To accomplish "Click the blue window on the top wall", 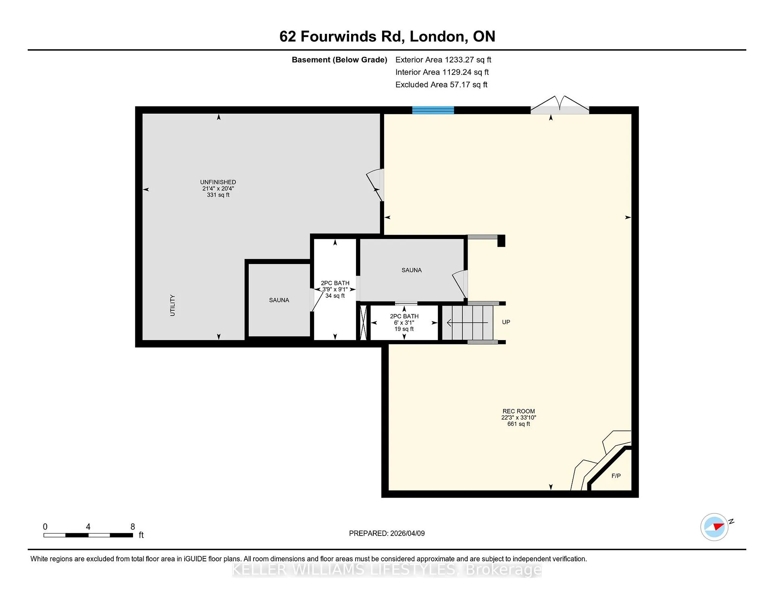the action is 433,110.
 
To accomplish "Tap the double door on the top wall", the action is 560,106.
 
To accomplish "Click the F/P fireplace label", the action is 616,476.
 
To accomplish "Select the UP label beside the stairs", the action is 506,322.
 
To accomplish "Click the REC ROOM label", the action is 519,411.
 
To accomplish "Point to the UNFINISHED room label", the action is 218,182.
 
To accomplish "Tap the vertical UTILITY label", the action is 173,305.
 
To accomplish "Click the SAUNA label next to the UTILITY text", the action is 279,300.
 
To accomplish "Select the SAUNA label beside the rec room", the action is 412,270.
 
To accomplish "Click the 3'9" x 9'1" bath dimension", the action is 335,289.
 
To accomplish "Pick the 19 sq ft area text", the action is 404,329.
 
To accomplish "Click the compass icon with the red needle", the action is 714,527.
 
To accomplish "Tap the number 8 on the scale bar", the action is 133,527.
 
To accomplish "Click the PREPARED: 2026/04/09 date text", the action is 387,534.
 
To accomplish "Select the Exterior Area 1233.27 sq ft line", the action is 443,60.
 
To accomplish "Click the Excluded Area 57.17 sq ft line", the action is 441,85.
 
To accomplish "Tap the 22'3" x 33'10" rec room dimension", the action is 519,418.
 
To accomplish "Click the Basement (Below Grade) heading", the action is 339,60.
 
